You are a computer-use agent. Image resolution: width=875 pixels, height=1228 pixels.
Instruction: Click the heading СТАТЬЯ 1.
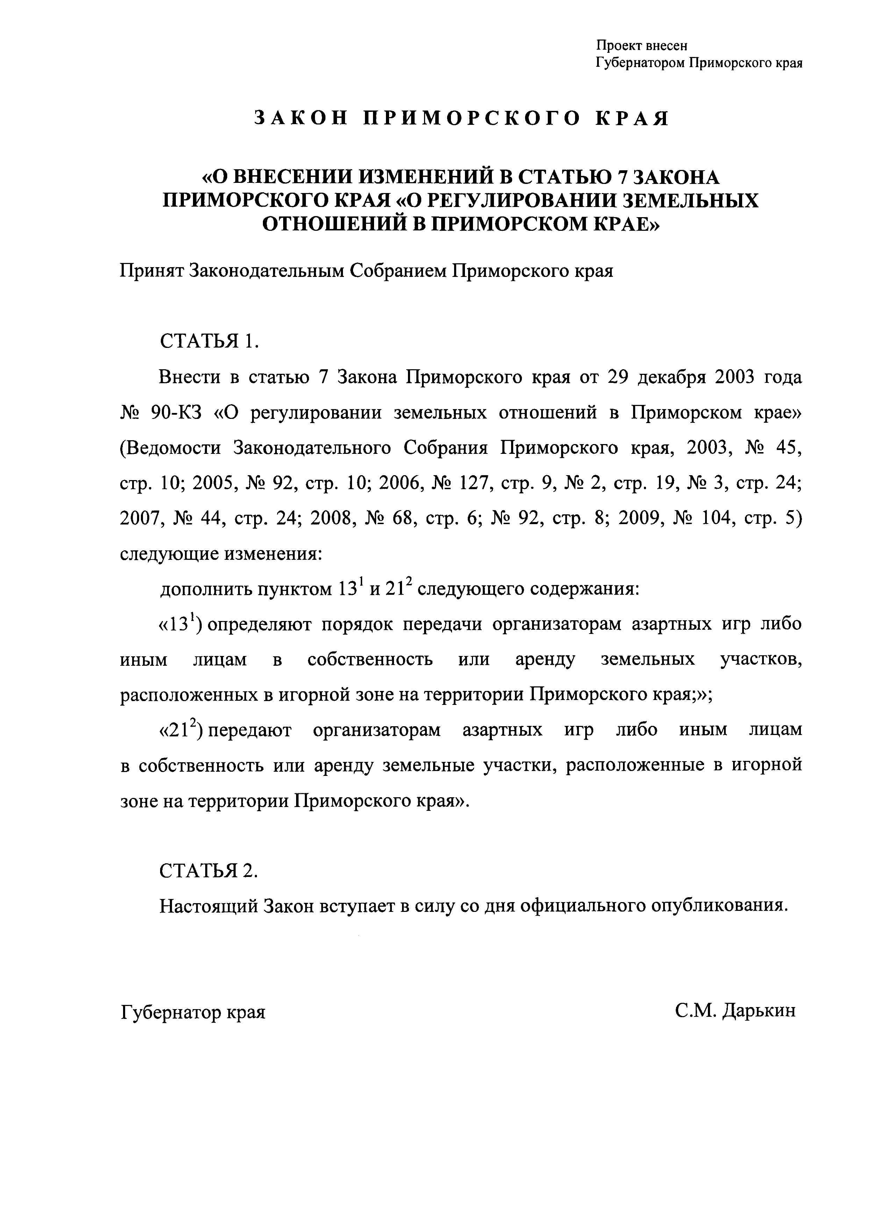[x=209, y=341]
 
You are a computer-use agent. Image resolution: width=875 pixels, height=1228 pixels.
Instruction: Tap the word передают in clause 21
[x=250, y=730]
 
